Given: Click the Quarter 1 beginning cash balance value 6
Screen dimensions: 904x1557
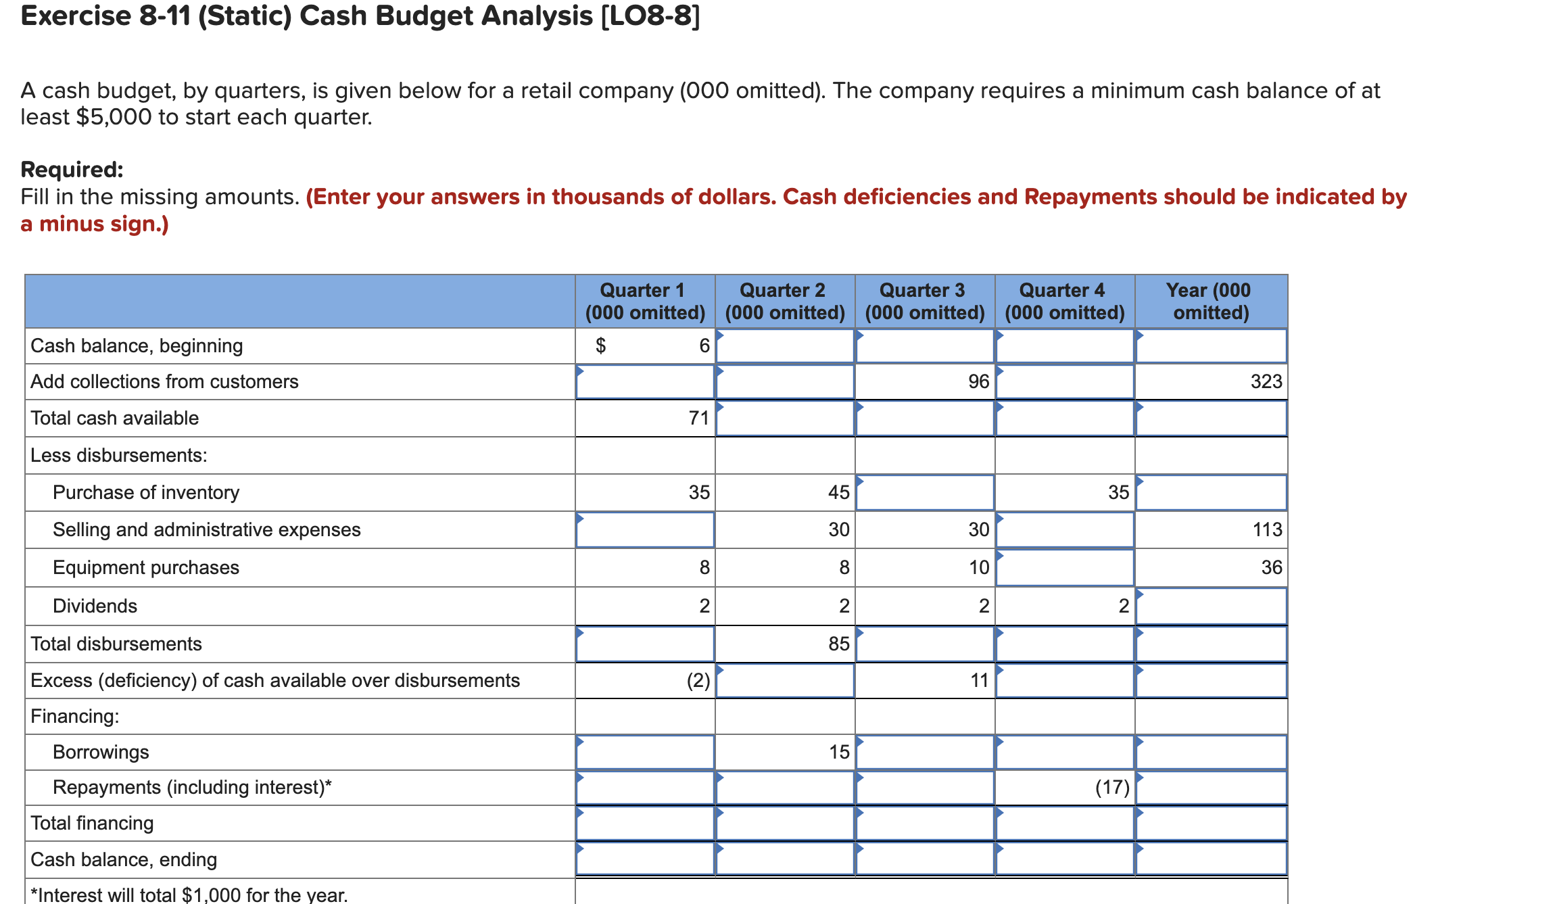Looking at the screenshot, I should click(x=704, y=346).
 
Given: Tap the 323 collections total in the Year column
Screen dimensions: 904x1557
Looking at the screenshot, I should click(x=1266, y=382).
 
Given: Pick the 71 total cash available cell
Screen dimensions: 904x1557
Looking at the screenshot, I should click(x=698, y=419).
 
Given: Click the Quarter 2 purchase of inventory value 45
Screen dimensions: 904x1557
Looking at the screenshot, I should click(x=838, y=493).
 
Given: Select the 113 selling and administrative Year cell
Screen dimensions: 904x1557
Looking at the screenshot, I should click(x=1266, y=530).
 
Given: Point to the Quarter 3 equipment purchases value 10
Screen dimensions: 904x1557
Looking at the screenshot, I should click(x=978, y=568).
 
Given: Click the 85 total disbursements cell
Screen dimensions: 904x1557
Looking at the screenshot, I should click(x=838, y=644).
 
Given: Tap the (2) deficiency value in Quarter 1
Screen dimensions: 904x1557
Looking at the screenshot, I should click(x=698, y=681).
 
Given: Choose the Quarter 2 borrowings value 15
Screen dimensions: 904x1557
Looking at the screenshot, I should click(x=838, y=753).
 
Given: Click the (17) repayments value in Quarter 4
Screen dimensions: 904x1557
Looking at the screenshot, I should click(x=1112, y=788).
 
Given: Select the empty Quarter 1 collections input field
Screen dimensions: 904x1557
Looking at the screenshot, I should click(x=645, y=382).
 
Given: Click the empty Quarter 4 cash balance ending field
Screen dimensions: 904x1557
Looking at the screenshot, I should click(x=1064, y=859).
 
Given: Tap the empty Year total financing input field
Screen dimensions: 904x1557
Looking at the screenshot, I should click(x=1210, y=824).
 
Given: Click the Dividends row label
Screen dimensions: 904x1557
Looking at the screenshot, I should click(x=95, y=606).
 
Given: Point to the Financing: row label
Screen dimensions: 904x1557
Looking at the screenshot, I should click(x=74, y=717).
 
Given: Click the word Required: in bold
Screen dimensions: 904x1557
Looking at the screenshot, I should click(x=72, y=170).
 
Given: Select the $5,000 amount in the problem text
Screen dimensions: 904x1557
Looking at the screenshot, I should click(x=114, y=118).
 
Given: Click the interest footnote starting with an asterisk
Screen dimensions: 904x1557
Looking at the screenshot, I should click(x=189, y=895).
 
